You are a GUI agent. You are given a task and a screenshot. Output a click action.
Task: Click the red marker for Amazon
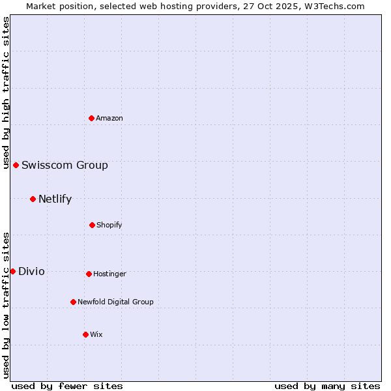click(x=91, y=118)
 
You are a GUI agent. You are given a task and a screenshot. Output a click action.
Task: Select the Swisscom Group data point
click(x=16, y=165)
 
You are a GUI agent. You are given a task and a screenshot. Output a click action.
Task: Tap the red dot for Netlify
click(x=33, y=199)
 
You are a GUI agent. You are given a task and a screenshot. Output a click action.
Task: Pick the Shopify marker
click(x=92, y=225)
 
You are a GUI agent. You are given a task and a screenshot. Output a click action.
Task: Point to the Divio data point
click(x=12, y=271)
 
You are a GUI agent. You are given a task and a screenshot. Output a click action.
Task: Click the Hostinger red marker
click(x=89, y=274)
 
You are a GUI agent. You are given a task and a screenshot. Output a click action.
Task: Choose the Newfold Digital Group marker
click(x=73, y=302)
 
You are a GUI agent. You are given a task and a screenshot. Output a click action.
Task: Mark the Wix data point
click(x=85, y=334)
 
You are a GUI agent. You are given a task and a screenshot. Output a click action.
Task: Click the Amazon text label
click(x=109, y=118)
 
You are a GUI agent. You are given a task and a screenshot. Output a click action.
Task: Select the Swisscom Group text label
click(x=65, y=165)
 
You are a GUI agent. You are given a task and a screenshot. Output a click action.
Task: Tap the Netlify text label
click(x=55, y=199)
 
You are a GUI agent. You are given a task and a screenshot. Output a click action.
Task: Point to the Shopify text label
click(x=109, y=225)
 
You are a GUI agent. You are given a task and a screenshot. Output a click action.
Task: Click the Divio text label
click(x=31, y=271)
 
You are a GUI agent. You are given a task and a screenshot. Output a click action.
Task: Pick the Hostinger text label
click(x=109, y=274)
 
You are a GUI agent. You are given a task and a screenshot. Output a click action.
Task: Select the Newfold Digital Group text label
click(x=115, y=302)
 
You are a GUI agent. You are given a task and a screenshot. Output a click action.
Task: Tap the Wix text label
click(x=96, y=334)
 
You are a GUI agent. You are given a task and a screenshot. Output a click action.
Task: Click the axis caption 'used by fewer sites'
click(x=67, y=386)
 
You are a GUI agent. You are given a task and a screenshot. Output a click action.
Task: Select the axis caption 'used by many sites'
click(x=327, y=386)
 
